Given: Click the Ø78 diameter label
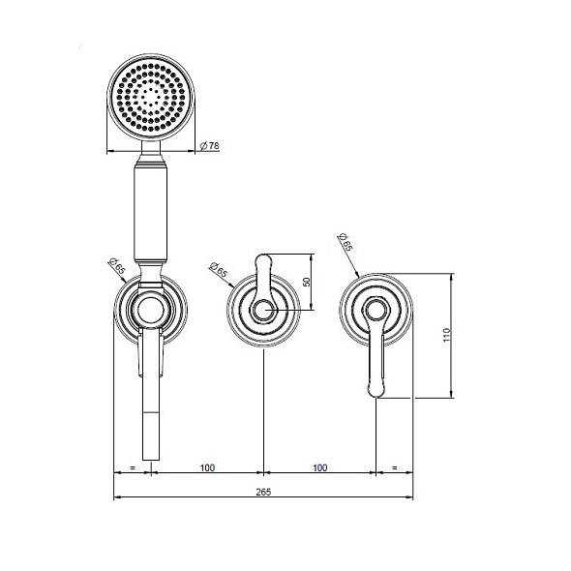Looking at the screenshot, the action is tap(210, 146).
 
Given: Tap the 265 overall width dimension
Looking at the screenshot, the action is tap(263, 492).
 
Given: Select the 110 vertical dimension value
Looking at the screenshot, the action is tap(447, 335).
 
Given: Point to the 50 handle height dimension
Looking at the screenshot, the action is tap(307, 282).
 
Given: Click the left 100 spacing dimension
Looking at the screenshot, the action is tap(207, 467).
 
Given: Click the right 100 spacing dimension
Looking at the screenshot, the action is tap(319, 467).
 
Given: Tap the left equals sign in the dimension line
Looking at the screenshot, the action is tap(133, 467).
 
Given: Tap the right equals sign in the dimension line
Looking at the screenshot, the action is tap(395, 467).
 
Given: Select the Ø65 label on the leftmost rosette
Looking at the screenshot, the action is tap(117, 266).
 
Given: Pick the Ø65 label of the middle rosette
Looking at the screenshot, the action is tap(218, 269).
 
